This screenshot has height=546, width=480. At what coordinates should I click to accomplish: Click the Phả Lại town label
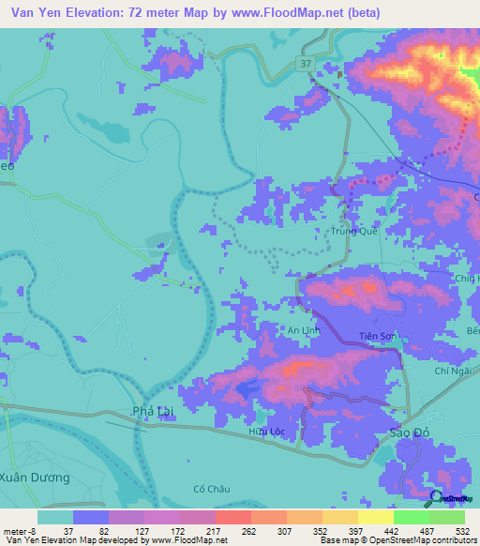pyautogui.click(x=153, y=412)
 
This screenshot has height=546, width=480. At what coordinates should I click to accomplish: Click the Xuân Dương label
pyautogui.click(x=35, y=478)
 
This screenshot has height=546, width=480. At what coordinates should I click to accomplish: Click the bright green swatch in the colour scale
pyautogui.click(x=411, y=517)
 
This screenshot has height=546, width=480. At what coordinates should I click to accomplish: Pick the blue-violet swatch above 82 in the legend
pyautogui.click(x=91, y=517)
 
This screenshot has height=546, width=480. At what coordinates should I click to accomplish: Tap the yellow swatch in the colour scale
pyautogui.click(x=340, y=517)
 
